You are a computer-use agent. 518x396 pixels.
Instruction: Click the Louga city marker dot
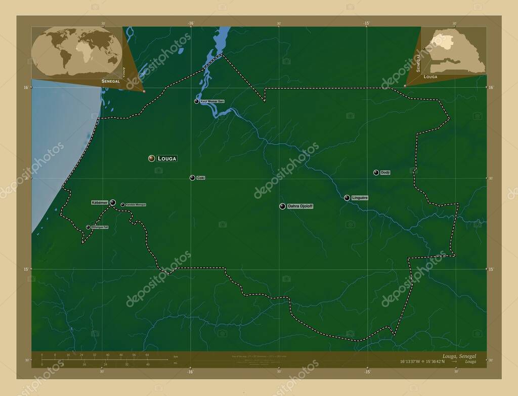point(151,158)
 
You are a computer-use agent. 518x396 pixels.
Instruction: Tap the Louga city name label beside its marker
point(167,158)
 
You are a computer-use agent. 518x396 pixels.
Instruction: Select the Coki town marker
point(192,178)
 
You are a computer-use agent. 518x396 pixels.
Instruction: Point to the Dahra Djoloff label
point(300,206)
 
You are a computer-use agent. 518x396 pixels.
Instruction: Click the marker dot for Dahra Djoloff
point(282,206)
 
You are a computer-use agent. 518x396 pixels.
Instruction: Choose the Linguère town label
point(359,198)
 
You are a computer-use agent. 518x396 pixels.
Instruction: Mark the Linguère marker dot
point(347,198)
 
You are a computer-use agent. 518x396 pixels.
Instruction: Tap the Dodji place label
point(385,172)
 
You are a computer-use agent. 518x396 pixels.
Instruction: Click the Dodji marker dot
point(376,172)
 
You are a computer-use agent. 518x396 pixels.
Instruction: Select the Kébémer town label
point(100,202)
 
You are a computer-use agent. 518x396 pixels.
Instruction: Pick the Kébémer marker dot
point(113,202)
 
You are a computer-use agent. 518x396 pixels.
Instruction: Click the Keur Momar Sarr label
point(212,101)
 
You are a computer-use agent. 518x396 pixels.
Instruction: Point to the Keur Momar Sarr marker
point(196,101)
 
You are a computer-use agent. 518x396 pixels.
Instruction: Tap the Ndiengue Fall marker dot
point(88,227)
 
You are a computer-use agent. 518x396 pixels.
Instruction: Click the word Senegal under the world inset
point(111,81)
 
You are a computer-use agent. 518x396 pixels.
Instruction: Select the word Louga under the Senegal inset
point(430,77)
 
